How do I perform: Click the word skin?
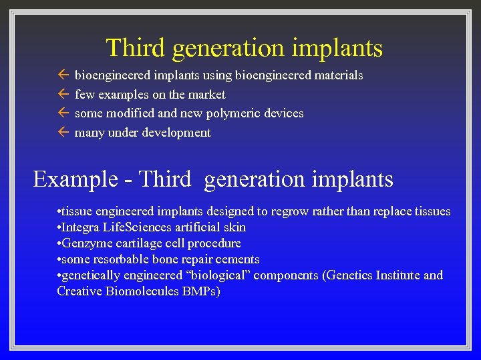click(234, 227)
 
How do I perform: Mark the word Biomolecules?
click(143, 291)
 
